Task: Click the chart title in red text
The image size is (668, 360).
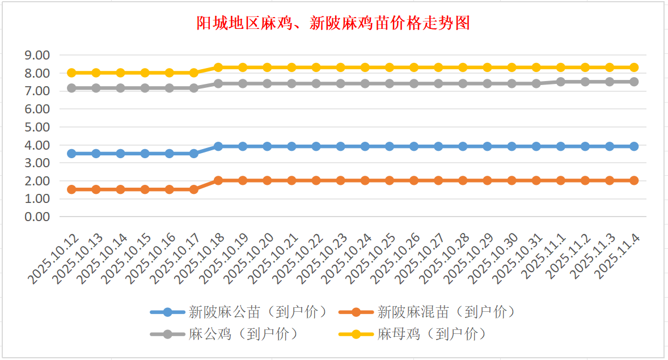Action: (x=333, y=23)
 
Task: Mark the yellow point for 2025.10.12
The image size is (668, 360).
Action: (x=71, y=73)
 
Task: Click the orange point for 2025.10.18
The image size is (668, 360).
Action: (x=218, y=180)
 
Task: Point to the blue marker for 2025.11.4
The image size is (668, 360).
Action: (x=634, y=146)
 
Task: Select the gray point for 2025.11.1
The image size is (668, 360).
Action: (x=561, y=82)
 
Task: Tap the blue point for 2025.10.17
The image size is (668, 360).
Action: (x=194, y=154)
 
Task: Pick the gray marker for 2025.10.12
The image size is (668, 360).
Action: (x=71, y=88)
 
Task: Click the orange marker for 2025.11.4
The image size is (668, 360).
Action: (x=634, y=180)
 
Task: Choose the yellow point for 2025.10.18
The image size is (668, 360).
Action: (x=218, y=67)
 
